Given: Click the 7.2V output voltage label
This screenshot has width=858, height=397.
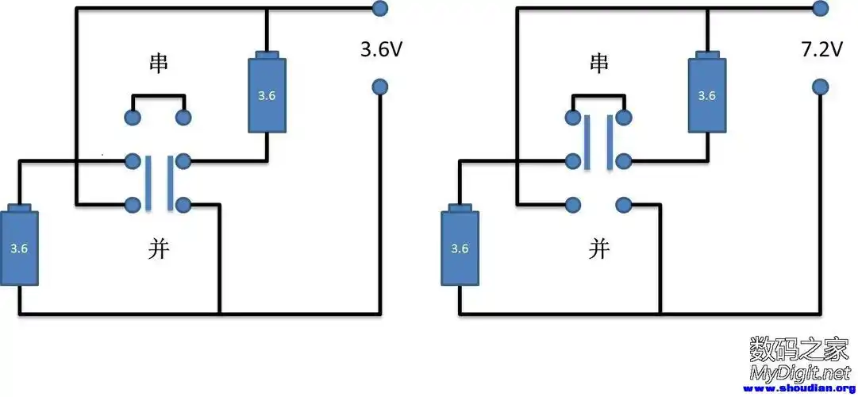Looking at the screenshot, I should [x=821, y=50].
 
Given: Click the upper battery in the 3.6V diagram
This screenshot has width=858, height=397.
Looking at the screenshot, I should [x=267, y=94].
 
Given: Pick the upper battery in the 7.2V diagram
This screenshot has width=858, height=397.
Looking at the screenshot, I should [x=706, y=94].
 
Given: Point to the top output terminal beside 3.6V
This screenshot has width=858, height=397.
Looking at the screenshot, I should [x=379, y=10].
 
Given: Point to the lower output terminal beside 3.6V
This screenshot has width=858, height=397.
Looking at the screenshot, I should [x=379, y=86].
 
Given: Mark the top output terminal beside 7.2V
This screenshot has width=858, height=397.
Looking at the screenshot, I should [x=820, y=10].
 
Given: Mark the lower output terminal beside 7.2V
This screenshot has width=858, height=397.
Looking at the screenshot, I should [x=820, y=86].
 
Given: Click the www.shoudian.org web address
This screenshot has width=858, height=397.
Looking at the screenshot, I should [x=797, y=389].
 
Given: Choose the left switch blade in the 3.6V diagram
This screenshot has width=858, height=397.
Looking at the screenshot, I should [x=148, y=183].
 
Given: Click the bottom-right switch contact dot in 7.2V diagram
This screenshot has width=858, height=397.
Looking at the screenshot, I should [x=623, y=205].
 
